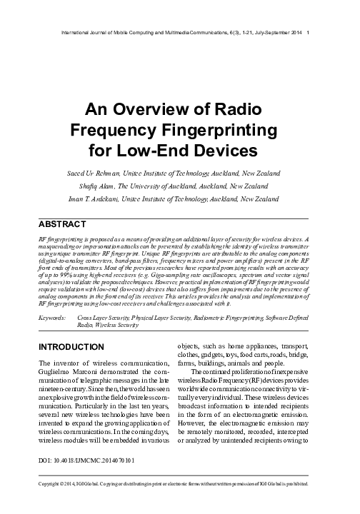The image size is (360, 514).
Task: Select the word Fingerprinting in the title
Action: [x=215, y=131]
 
